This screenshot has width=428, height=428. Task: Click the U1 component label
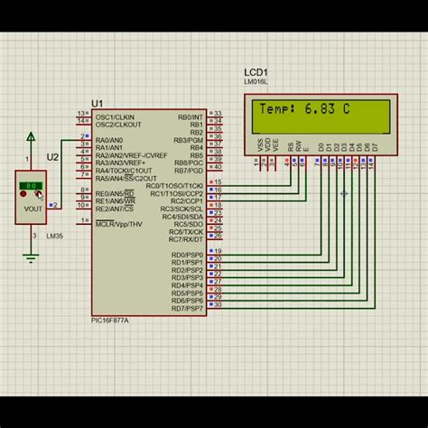pos(98,104)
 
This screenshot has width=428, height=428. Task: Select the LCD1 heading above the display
pos(256,72)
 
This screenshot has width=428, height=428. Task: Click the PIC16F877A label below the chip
pos(110,320)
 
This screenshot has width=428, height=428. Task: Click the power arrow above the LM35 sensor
pos(32,136)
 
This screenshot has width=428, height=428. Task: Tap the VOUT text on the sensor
pos(33,209)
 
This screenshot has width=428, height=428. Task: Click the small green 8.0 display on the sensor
pos(32,185)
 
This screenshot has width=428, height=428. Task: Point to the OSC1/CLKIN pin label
pos(116,116)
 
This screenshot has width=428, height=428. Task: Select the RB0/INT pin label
pos(191,116)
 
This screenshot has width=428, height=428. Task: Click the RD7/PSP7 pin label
pos(188,308)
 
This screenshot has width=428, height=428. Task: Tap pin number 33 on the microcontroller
pos(217,115)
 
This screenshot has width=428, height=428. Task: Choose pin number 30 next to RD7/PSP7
pos(218,305)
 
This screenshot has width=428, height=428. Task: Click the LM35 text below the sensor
pos(29,237)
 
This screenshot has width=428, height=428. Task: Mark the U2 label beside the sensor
pos(52,157)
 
